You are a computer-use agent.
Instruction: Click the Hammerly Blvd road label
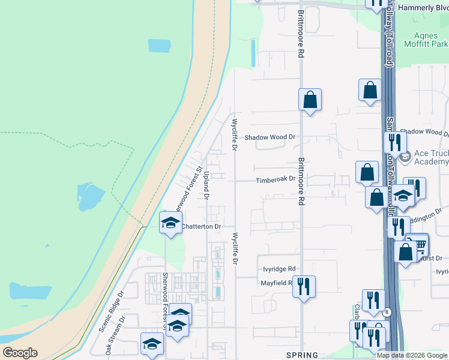tap(424, 8)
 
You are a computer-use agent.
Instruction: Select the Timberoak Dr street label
tap(276, 179)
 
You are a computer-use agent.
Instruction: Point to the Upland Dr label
tap(206, 184)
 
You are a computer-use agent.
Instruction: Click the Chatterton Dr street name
tap(202, 226)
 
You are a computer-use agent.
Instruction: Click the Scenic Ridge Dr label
tap(113, 306)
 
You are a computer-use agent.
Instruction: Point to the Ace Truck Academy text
tap(426, 157)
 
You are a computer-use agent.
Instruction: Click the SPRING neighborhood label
tap(302, 355)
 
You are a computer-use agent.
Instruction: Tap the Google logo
tap(20, 353)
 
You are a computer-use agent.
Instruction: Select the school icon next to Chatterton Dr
tap(170, 223)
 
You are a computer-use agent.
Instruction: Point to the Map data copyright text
tap(412, 355)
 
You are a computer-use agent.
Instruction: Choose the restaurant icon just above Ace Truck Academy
tap(394, 142)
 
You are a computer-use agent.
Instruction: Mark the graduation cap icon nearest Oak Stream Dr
tap(152, 344)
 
